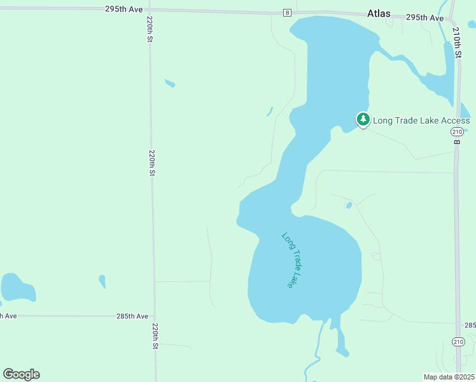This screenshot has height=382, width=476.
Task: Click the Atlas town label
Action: coord(379,13)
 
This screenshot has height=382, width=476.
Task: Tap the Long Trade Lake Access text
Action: coord(421,120)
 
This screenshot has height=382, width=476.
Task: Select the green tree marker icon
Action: coord(363,119)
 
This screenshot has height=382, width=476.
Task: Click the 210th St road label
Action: coord(456,42)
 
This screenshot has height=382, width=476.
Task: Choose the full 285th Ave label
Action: coord(132,316)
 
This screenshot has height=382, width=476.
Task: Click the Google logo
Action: coord(21,374)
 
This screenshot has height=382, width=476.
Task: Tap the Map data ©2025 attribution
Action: coord(449,377)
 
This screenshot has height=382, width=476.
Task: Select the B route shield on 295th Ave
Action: coord(287,13)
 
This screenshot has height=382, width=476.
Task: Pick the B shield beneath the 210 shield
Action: coord(456,141)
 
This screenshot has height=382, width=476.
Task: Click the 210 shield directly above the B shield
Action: coord(456,131)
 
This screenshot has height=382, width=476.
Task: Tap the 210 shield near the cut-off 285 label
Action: coord(458,342)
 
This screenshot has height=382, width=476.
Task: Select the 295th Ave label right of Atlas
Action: coord(424,18)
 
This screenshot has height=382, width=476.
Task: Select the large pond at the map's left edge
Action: coord(18,287)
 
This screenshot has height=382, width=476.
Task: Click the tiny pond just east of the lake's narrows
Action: coord(349,205)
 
